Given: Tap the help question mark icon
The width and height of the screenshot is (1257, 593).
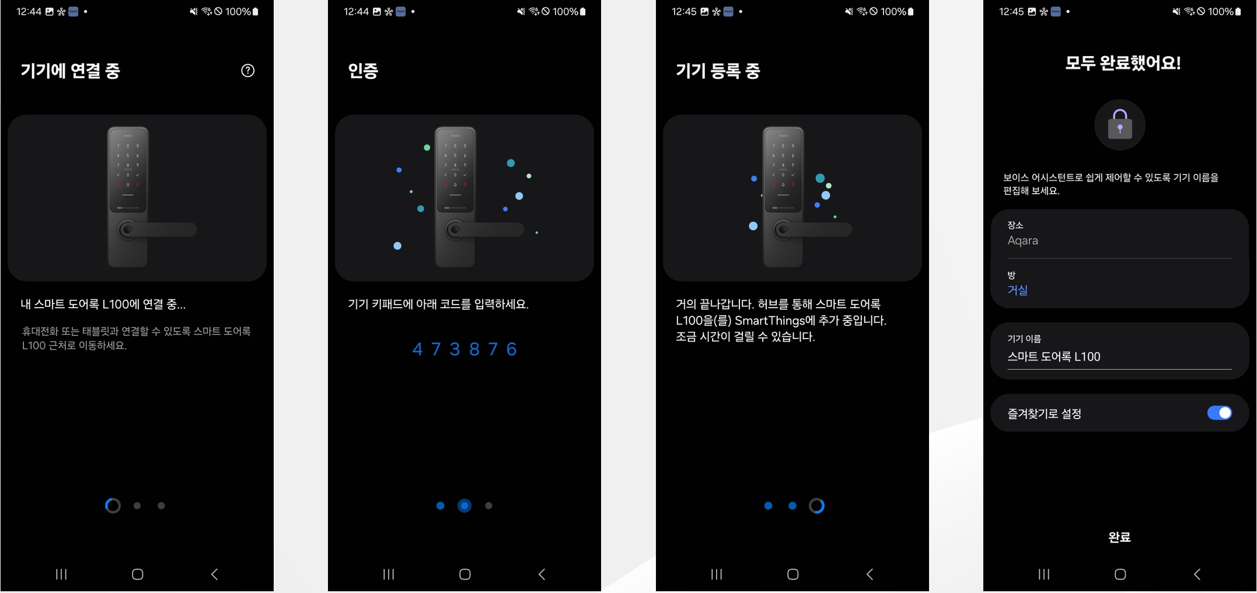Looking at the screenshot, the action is pos(248,71).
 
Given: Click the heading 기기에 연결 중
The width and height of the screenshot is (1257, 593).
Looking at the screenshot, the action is pos(71,71).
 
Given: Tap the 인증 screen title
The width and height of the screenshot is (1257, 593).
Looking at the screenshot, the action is pos(363,71).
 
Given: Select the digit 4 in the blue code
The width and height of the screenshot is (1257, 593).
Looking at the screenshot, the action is pos(417,349).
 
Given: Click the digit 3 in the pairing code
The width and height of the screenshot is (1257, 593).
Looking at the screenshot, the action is pos(455,349).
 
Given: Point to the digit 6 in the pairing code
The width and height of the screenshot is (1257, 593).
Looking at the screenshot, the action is pos(512,349).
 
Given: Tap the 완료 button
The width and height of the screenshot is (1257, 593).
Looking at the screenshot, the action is pos(1119,537).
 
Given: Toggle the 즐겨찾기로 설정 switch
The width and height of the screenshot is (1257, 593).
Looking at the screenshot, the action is pos(1220,413).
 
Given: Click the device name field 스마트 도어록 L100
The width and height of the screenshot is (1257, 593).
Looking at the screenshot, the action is pos(1054,357).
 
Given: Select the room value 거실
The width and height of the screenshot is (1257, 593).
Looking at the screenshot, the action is pos(1018,290).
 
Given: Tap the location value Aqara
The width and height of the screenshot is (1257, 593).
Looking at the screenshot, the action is pos(1023,240).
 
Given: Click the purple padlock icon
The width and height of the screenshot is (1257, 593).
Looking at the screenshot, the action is pos(1120,124).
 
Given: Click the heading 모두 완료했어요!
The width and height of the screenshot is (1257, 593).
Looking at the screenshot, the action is pos(1123,63).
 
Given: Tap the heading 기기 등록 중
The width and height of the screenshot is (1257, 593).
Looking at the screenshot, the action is pos(718,71).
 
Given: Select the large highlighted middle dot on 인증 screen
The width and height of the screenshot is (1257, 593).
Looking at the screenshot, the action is pos(465,505).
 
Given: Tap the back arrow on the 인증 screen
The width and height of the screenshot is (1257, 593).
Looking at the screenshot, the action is pos(542,574).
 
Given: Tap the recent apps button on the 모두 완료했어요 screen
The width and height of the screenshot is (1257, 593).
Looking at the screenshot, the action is pos(1044,574).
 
